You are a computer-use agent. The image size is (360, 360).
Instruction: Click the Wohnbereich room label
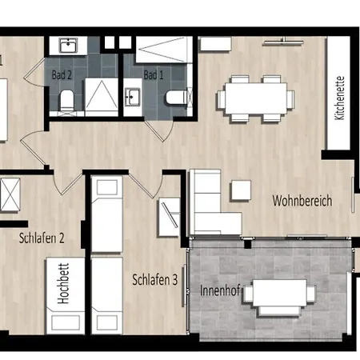(302, 201)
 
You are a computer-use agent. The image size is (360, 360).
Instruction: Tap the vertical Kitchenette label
(340, 98)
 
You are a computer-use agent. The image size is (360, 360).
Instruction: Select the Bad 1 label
(154, 75)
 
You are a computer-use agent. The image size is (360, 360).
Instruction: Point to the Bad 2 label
(62, 75)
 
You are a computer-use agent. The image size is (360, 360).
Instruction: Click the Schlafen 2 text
(42, 238)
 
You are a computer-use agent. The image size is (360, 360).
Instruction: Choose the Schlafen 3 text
(155, 280)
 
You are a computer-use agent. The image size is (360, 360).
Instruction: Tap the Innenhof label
(220, 290)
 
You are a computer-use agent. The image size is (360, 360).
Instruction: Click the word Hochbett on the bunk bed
(63, 283)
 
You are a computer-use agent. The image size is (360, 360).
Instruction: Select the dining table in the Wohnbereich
(256, 98)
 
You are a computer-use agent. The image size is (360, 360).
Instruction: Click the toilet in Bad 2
(66, 101)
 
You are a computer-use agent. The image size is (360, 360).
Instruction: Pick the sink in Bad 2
(68, 46)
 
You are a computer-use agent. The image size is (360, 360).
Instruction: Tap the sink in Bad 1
(133, 97)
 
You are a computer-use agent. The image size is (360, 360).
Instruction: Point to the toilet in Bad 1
(177, 98)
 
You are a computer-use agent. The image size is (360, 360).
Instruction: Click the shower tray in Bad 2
(102, 97)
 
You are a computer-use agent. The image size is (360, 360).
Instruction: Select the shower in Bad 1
(164, 50)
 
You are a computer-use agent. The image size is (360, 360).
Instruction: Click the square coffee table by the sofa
(241, 190)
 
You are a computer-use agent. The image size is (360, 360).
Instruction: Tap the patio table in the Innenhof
(279, 293)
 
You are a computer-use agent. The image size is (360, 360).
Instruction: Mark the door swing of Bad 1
(159, 130)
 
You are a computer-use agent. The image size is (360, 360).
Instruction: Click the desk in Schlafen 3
(169, 217)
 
